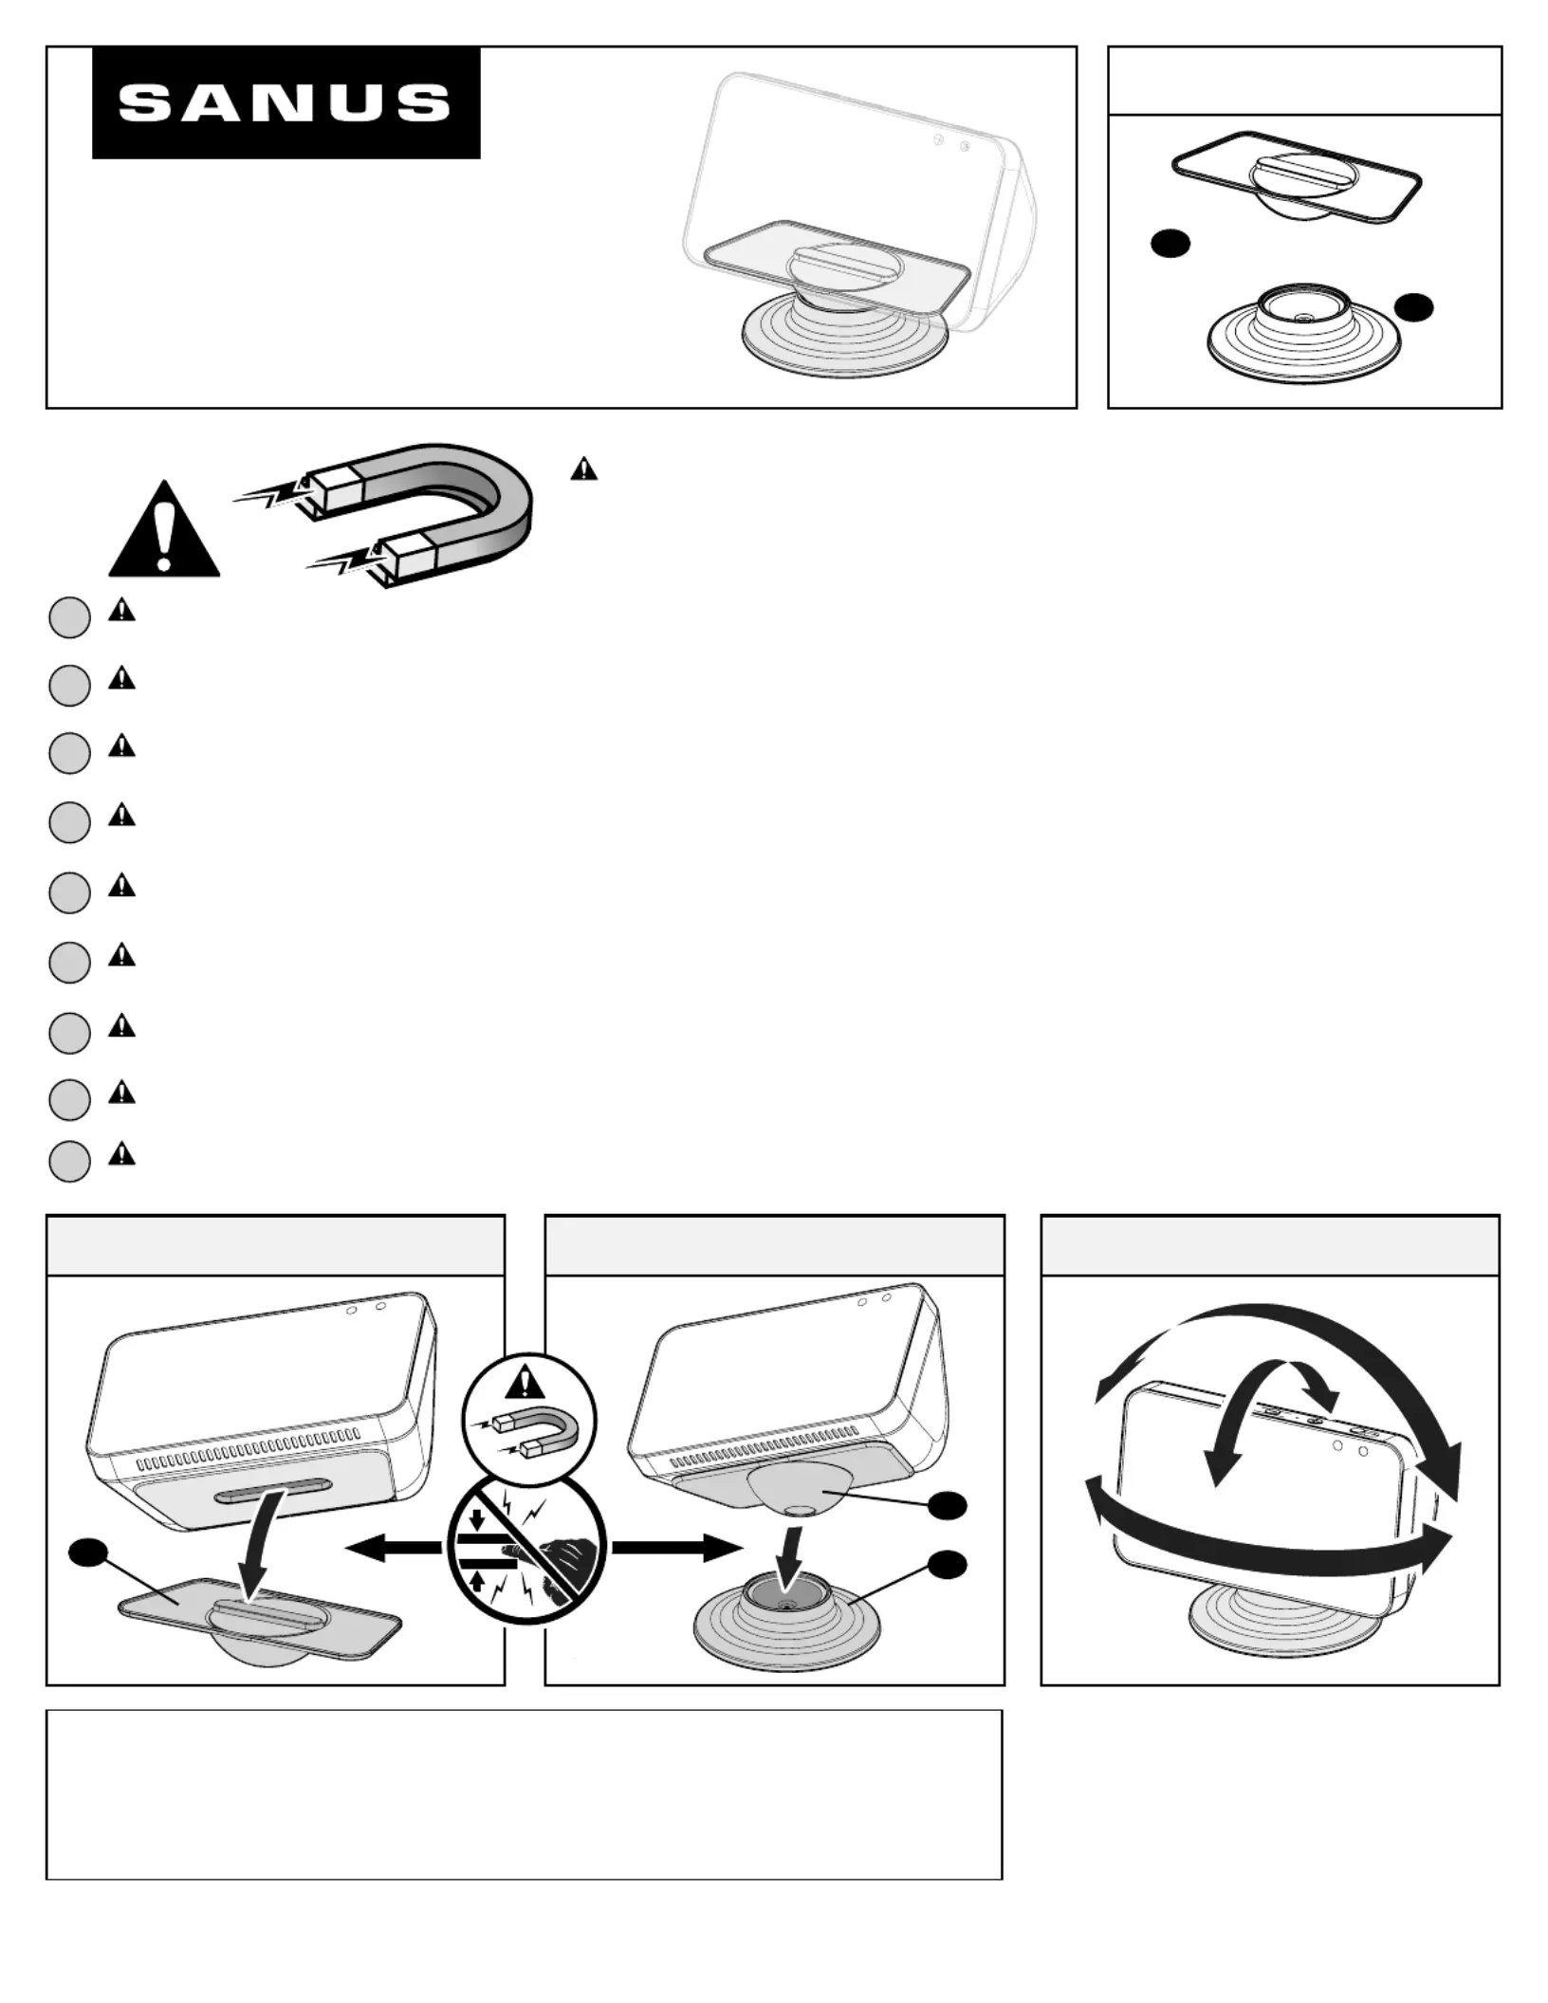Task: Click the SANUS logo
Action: click(286, 102)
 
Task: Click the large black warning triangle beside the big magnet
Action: click(164, 529)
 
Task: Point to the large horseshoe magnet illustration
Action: click(386, 513)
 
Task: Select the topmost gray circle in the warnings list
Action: click(69, 617)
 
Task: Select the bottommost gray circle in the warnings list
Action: click(69, 1161)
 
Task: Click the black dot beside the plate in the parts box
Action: click(1170, 244)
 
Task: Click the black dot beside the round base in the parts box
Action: click(1413, 307)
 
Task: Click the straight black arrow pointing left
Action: click(393, 1549)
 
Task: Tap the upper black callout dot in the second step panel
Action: click(947, 1504)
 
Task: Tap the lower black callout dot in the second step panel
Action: click(947, 1565)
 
